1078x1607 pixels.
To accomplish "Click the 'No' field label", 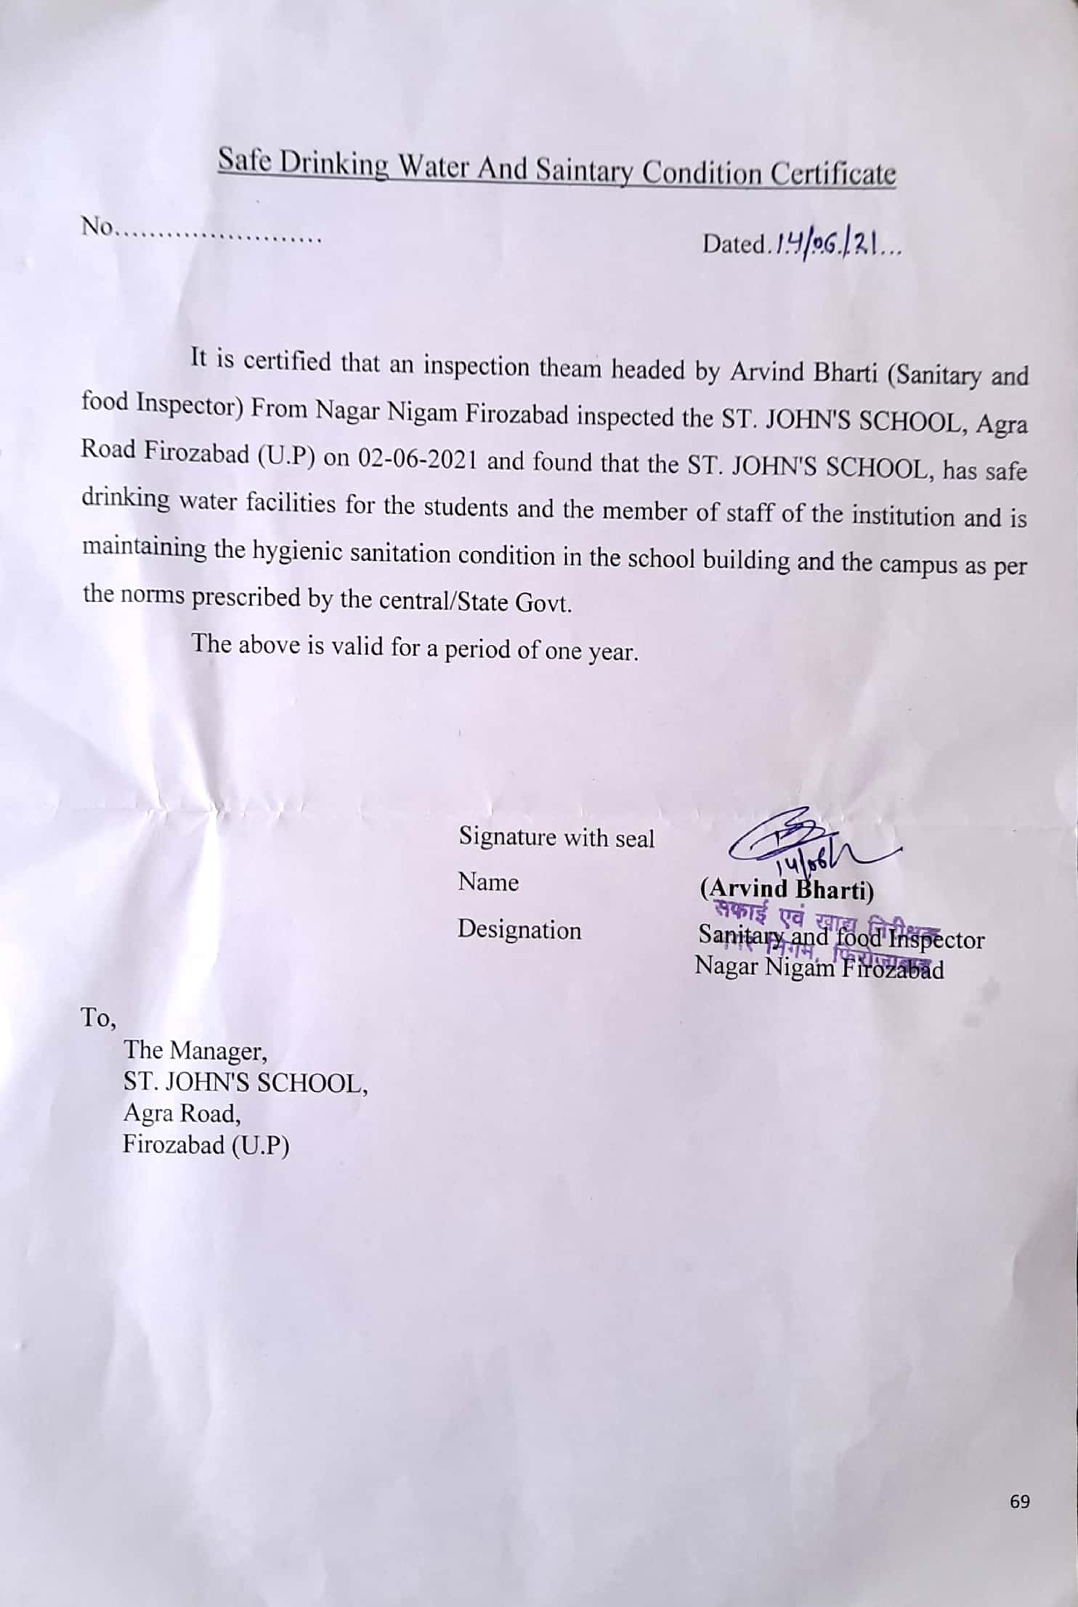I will (98, 228).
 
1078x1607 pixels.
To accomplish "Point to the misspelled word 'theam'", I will (570, 368).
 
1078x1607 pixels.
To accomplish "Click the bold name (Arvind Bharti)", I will (786, 888).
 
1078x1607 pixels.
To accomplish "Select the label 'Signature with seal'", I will (556, 838).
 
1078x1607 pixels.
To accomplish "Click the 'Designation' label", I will (519, 930).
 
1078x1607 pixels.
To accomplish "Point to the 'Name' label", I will (488, 883).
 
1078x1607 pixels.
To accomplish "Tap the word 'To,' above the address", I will (99, 1019).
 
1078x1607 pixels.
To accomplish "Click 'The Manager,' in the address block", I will (195, 1051).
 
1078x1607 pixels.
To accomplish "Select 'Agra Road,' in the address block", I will (182, 1113).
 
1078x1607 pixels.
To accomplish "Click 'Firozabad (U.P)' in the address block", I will (206, 1145).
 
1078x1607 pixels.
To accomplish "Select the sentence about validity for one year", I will (415, 647).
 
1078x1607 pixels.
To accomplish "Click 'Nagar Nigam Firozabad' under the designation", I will (819, 968).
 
